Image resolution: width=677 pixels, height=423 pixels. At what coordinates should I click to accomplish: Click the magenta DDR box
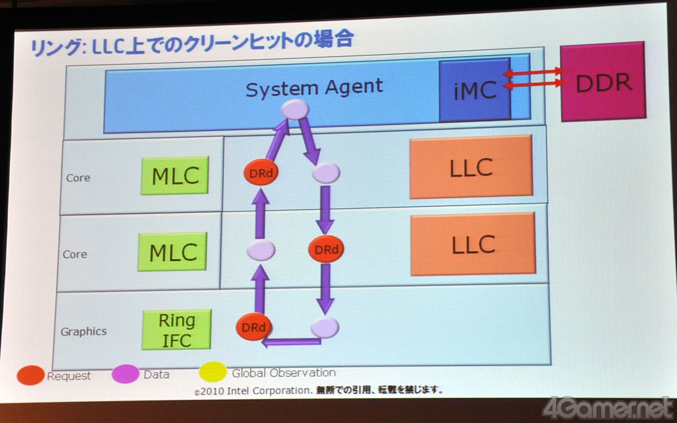603,81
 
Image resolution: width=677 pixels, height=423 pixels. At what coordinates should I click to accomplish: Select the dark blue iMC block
475,89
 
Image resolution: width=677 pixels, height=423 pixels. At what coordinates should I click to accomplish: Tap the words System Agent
314,88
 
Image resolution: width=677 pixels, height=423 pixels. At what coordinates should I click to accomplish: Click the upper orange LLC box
471,167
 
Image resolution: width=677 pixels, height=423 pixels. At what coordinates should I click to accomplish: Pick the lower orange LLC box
473,244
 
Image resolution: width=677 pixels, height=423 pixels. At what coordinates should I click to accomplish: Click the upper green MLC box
175,175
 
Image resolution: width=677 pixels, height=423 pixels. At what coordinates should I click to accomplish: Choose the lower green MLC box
173,252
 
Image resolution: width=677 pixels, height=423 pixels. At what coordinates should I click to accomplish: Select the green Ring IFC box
177,330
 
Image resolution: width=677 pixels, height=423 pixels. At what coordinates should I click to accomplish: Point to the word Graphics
83,332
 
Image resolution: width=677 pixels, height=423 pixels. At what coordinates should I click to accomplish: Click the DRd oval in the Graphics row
253,327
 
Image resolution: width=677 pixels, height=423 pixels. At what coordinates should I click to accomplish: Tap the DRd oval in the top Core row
260,173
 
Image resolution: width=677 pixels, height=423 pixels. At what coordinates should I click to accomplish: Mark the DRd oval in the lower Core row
326,249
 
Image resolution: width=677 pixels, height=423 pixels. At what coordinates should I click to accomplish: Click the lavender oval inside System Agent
295,109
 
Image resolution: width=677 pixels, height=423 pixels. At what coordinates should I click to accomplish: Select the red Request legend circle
30,375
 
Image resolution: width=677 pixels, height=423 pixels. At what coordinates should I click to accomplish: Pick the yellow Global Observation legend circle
213,371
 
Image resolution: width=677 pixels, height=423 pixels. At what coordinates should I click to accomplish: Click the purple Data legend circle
125,374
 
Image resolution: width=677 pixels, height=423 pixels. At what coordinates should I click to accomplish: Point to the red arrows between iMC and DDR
534,78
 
